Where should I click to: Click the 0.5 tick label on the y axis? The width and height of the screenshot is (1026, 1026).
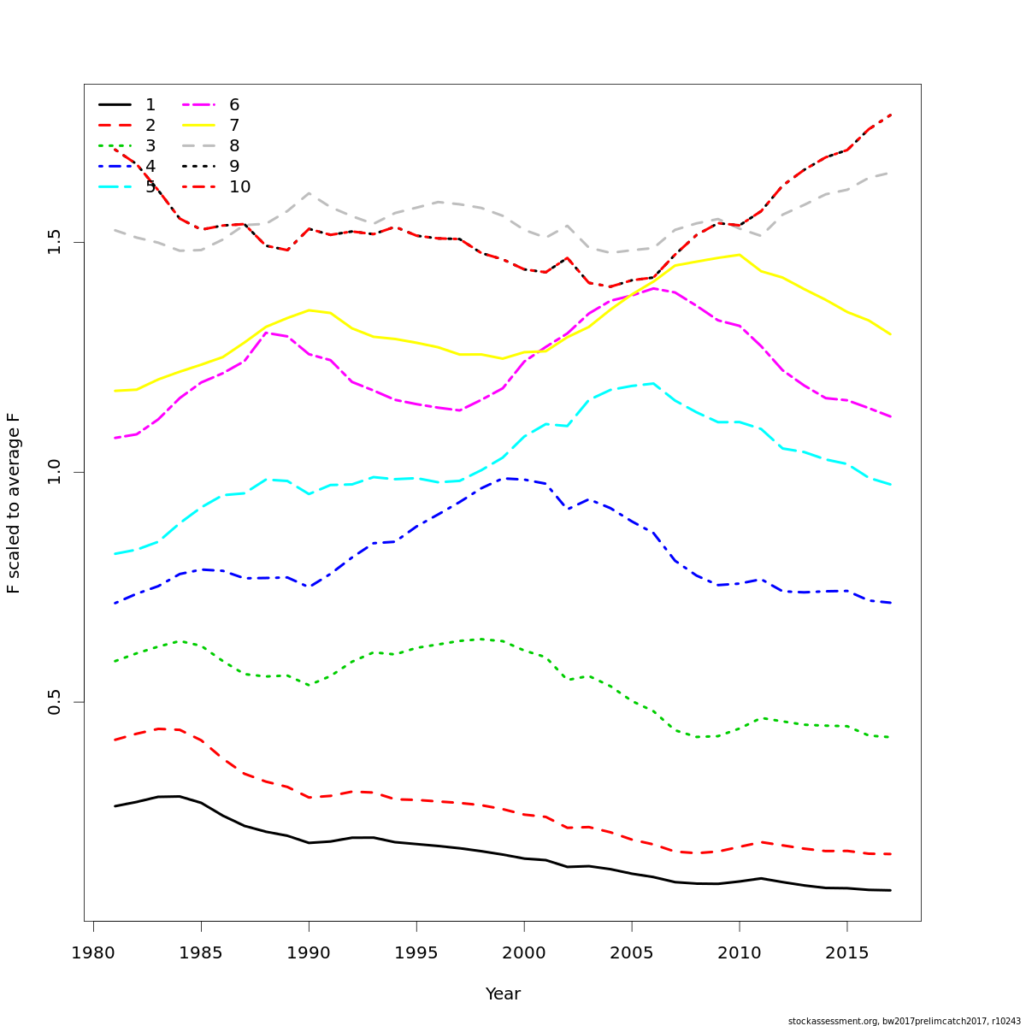[x=56, y=702]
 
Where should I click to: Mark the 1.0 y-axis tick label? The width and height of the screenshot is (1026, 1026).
[x=56, y=472]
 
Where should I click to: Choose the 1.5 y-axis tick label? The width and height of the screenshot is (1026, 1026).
[x=56, y=242]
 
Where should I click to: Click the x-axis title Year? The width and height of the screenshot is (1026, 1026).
[x=503, y=994]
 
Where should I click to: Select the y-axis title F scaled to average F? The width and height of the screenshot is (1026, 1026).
[x=14, y=503]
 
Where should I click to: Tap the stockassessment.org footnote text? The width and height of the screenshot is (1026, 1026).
[x=904, y=1021]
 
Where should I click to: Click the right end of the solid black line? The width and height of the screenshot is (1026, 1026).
[x=890, y=890]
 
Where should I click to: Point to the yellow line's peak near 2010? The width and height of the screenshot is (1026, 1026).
[x=739, y=254]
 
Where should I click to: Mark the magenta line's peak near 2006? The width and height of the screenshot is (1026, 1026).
[x=654, y=288]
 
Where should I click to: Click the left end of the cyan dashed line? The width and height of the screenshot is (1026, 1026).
[x=115, y=554]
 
